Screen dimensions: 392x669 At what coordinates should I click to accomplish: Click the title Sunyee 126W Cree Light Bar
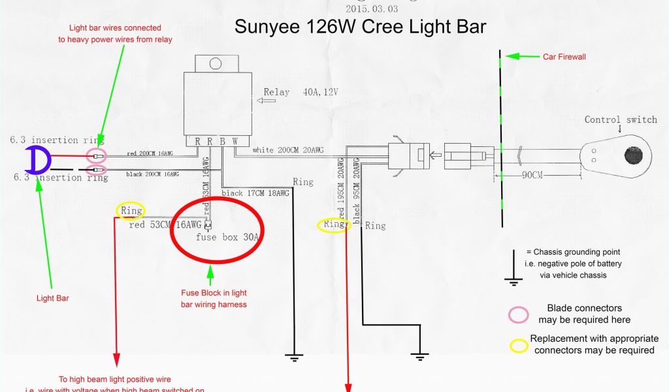tap(360, 27)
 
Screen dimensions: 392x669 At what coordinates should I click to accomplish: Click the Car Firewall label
tap(564, 57)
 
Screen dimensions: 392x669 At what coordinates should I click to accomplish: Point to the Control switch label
tap(620, 120)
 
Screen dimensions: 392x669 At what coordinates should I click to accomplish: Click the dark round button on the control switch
tap(633, 155)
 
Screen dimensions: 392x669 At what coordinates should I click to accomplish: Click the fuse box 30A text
tap(228, 237)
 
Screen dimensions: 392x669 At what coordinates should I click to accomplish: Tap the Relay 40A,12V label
tap(301, 92)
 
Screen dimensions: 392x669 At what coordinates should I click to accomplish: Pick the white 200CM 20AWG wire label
tap(287, 150)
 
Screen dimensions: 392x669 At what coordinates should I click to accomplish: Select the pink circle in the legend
tap(518, 314)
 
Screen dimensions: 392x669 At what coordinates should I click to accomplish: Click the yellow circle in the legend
tap(519, 345)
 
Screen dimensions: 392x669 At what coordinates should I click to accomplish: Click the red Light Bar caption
tap(53, 298)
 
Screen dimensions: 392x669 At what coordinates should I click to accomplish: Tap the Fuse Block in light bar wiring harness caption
tap(214, 299)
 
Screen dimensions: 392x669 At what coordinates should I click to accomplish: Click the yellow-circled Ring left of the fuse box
tap(131, 210)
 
